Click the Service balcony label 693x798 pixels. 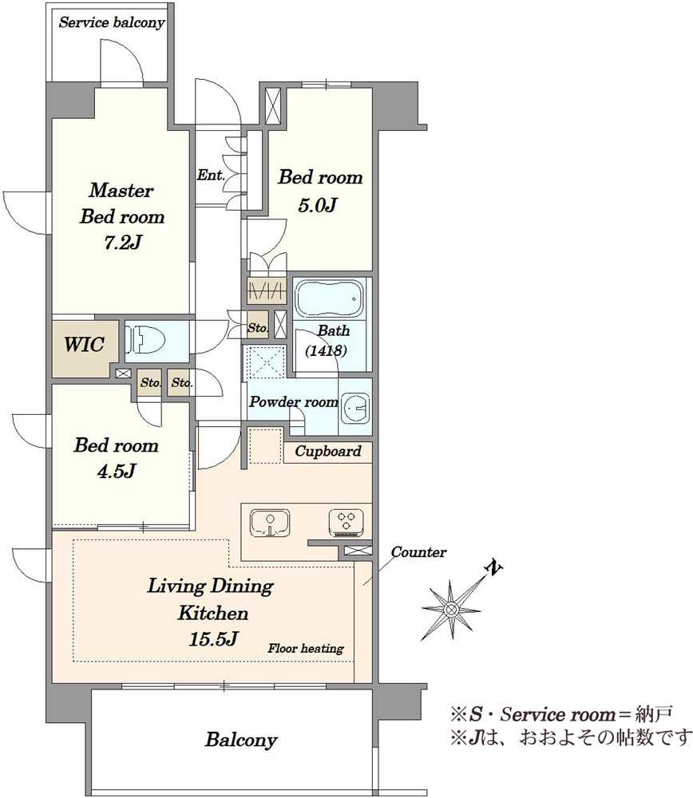pyautogui.click(x=112, y=22)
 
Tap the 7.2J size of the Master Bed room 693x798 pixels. pyautogui.click(x=122, y=243)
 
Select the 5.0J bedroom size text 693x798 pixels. pyautogui.click(x=317, y=206)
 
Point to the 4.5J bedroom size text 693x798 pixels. pyautogui.click(x=117, y=472)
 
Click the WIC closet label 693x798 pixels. pyautogui.click(x=84, y=345)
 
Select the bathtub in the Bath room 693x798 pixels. pyautogui.click(x=330, y=298)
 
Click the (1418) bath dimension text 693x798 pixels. pyautogui.click(x=326, y=350)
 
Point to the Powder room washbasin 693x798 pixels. pyautogui.click(x=355, y=407)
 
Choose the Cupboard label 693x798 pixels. pyautogui.click(x=328, y=452)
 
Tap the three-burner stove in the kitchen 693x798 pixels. pyautogui.click(x=346, y=523)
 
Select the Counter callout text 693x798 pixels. pyautogui.click(x=418, y=551)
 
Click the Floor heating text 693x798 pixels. pyautogui.click(x=306, y=648)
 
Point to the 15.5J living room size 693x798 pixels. pyautogui.click(x=213, y=638)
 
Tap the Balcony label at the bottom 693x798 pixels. pyautogui.click(x=241, y=740)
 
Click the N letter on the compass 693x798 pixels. pyautogui.click(x=494, y=567)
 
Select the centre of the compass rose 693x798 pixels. pyautogui.click(x=450, y=609)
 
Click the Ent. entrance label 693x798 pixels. pyautogui.click(x=211, y=175)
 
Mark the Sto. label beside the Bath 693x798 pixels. pyautogui.click(x=258, y=328)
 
